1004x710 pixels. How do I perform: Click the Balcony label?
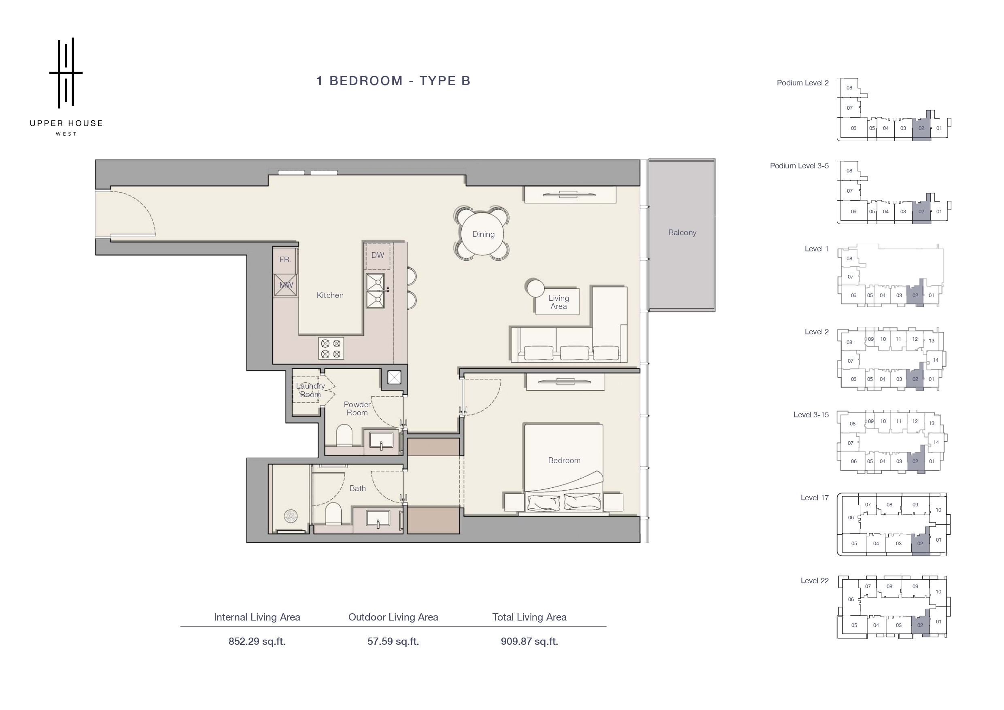(x=682, y=233)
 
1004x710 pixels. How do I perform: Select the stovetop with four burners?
(x=331, y=348)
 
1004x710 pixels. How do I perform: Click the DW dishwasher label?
(x=378, y=255)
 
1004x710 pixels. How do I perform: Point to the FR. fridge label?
(x=285, y=259)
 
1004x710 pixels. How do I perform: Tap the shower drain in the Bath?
(x=291, y=516)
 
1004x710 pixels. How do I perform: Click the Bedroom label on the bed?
(x=564, y=460)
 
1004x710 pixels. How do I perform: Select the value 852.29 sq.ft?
(x=257, y=641)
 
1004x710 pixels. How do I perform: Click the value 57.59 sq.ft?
(x=393, y=641)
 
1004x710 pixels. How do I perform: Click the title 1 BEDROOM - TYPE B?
(x=393, y=81)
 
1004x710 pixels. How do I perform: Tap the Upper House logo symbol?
(x=66, y=72)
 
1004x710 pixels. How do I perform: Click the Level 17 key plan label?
(x=814, y=498)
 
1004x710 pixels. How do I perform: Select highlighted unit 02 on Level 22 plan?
(x=920, y=625)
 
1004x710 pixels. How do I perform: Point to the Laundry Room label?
(x=310, y=390)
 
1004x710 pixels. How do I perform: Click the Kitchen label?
(x=330, y=295)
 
